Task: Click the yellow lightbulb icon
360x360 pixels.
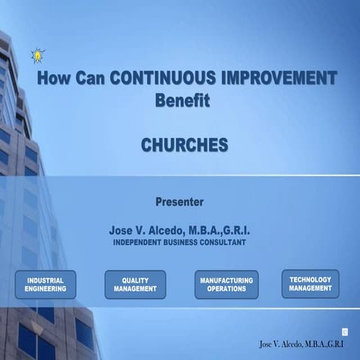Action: [x=37, y=55]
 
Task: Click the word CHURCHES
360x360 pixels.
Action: [x=184, y=145]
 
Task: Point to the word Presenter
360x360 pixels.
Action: [x=179, y=201]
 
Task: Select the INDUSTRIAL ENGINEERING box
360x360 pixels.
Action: [x=45, y=284]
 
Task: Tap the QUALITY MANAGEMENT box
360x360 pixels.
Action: [x=135, y=284]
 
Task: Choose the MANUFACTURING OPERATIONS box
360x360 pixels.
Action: [x=226, y=284]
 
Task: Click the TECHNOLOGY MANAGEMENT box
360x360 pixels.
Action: [x=310, y=283]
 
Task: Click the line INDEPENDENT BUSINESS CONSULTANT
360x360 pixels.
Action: [x=180, y=243]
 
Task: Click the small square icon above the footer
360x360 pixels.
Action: [x=344, y=331]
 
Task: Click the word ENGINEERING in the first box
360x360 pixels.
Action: [x=45, y=289]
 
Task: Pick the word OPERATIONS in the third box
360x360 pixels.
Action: [x=226, y=289]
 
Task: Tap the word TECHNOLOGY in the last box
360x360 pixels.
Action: [x=310, y=279]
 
